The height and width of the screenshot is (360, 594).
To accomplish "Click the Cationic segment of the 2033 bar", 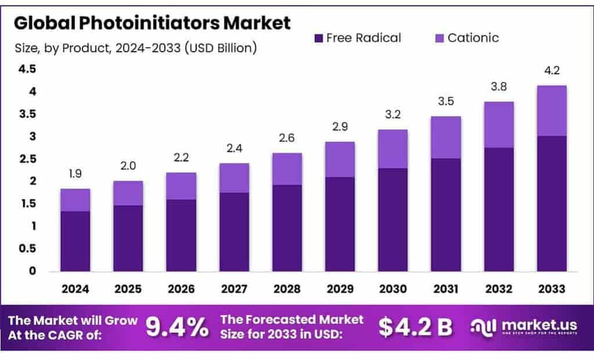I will [552, 111].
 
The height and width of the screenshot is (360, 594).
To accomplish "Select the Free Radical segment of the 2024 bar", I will [75, 241].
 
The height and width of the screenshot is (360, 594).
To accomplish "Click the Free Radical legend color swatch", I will [318, 38].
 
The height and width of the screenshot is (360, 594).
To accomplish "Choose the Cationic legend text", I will [473, 38].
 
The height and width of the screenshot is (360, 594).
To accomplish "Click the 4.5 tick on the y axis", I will [27, 70].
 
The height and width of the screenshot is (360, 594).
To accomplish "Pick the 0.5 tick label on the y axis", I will [27, 249].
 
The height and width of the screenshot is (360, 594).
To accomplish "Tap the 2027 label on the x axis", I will [234, 289].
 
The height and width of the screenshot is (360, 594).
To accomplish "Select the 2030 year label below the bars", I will [393, 289].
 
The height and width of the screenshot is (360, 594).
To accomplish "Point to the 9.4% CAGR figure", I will [176, 328].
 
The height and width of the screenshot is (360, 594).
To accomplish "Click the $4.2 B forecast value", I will [415, 328].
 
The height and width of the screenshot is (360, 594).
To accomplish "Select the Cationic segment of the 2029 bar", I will [339, 159].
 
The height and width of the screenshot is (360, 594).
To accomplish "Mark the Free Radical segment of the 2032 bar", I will [499, 209].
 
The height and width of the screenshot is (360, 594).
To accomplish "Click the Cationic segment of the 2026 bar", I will [181, 186].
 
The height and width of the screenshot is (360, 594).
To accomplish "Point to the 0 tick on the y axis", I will [32, 271].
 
